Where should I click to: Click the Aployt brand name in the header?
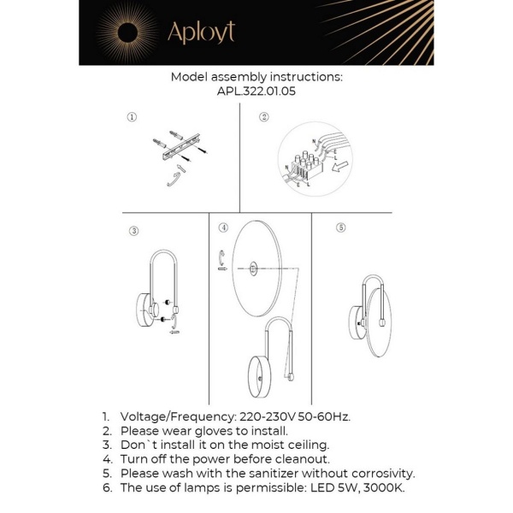(x=201, y=32)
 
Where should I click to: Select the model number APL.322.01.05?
(x=256, y=91)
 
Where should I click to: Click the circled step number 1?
(x=132, y=116)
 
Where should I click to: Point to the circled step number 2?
(x=264, y=116)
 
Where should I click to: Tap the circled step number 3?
(x=133, y=230)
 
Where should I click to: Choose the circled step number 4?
(x=223, y=227)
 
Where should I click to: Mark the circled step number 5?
(x=340, y=227)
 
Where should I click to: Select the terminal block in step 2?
(x=304, y=163)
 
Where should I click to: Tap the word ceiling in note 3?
(x=305, y=445)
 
